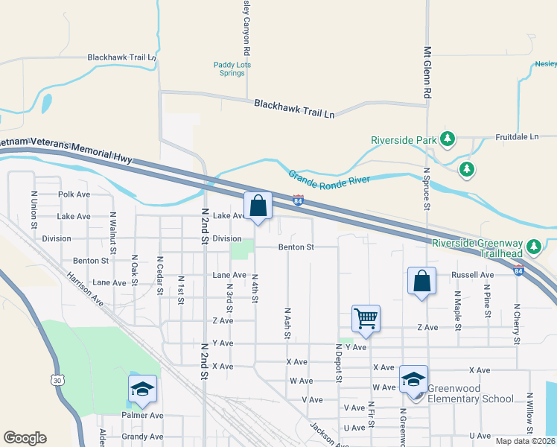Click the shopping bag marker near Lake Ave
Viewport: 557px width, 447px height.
click(x=258, y=206)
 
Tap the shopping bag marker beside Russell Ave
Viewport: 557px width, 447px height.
click(x=421, y=282)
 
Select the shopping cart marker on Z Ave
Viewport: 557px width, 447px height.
click(x=366, y=319)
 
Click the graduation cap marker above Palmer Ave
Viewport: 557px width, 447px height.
click(x=143, y=389)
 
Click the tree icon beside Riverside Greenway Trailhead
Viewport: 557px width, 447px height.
click(x=533, y=246)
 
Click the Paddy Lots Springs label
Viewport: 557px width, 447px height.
click(x=232, y=69)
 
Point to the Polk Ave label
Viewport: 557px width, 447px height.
click(x=74, y=194)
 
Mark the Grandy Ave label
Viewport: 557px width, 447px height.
click(x=142, y=437)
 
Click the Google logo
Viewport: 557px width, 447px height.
click(x=25, y=438)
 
